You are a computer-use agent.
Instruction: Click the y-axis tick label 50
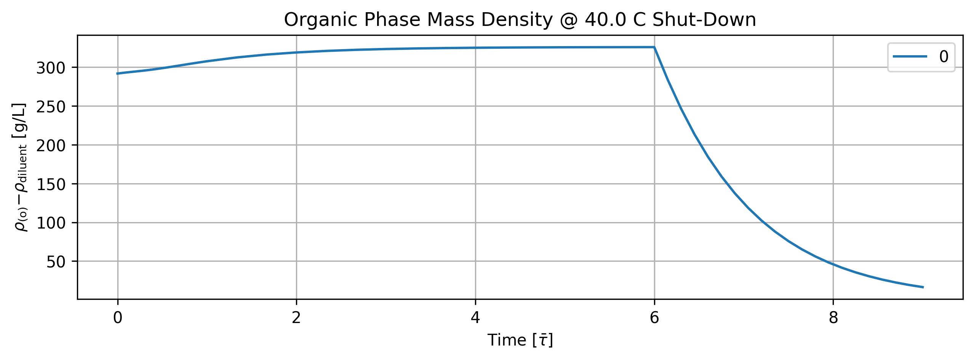click(x=56, y=262)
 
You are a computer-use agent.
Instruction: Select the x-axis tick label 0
click(x=118, y=318)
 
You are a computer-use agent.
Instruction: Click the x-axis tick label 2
click(x=296, y=318)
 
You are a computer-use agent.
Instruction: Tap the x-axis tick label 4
click(x=475, y=318)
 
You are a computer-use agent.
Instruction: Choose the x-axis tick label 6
click(x=654, y=318)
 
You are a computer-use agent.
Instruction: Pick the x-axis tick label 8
click(x=833, y=318)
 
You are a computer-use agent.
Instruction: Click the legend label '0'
click(x=944, y=57)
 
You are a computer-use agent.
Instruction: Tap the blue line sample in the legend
click(x=910, y=56)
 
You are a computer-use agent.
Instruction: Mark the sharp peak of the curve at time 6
click(x=654, y=47)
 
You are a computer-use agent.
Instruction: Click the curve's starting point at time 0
click(x=117, y=74)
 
